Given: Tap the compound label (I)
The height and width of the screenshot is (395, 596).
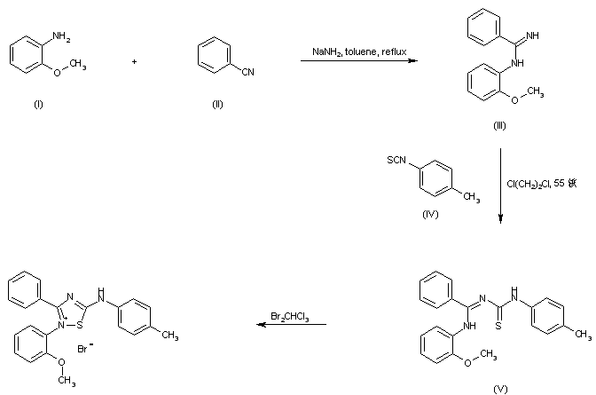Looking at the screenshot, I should tap(38, 105).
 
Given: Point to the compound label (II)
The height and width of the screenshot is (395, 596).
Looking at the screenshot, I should tap(217, 105).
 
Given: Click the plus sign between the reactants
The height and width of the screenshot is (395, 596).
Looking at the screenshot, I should tap(134, 60).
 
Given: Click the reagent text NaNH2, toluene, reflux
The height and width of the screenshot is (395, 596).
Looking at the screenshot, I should tap(358, 51).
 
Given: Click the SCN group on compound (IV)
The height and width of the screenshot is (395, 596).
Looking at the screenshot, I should tap(395, 160).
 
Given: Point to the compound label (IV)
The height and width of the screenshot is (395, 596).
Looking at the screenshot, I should tap(432, 214).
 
